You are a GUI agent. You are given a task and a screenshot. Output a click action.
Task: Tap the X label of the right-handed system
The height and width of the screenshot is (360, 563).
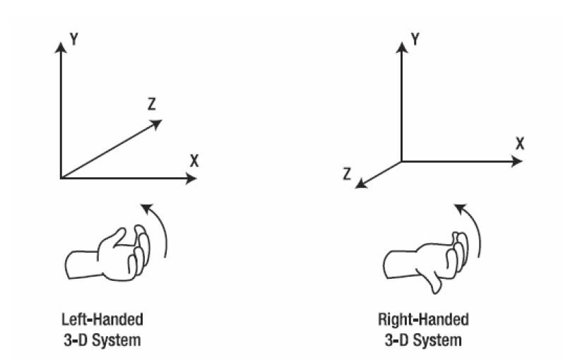click(519, 144)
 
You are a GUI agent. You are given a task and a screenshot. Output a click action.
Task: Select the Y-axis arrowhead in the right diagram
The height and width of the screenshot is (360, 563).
click(402, 46)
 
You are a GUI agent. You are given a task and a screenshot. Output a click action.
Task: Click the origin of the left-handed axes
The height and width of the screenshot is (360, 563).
click(62, 178)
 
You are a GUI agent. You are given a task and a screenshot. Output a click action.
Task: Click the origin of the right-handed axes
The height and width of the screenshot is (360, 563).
click(402, 162)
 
